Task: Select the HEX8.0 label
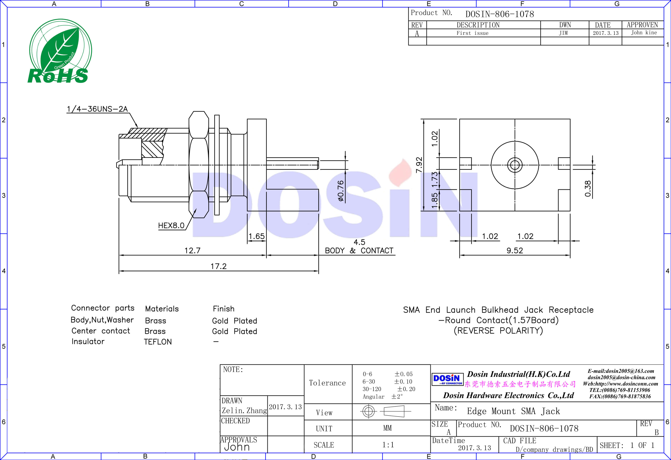[171, 225]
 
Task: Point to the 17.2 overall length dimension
[218, 266]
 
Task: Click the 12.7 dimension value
[192, 250]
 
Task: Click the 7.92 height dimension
[419, 165]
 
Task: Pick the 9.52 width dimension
[514, 250]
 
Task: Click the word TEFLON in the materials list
[158, 342]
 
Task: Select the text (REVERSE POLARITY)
[498, 330]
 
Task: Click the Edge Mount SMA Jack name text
[513, 411]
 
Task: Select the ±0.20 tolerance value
[406, 389]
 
